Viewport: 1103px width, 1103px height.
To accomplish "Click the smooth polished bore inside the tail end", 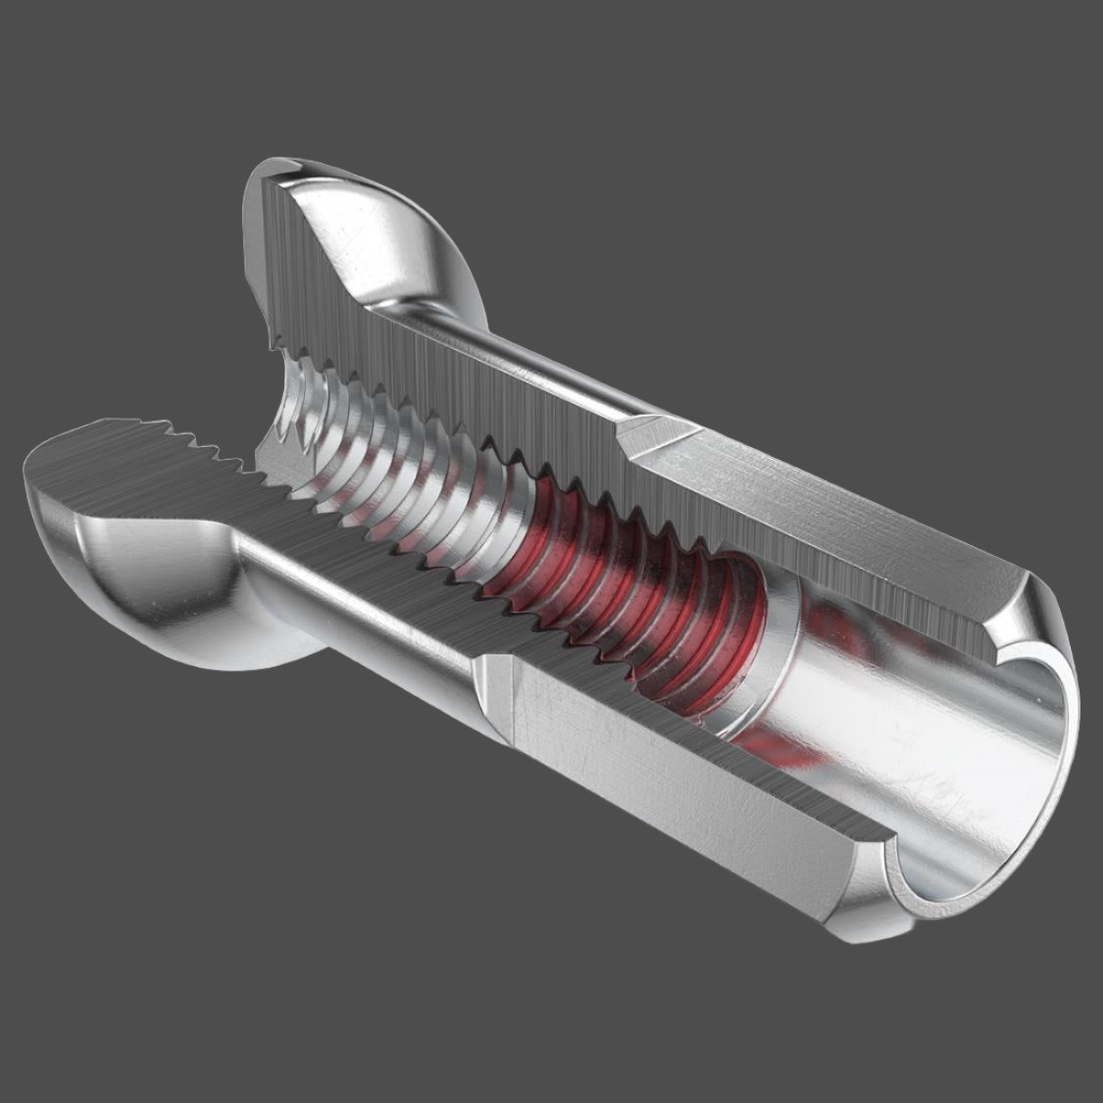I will (912, 745).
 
